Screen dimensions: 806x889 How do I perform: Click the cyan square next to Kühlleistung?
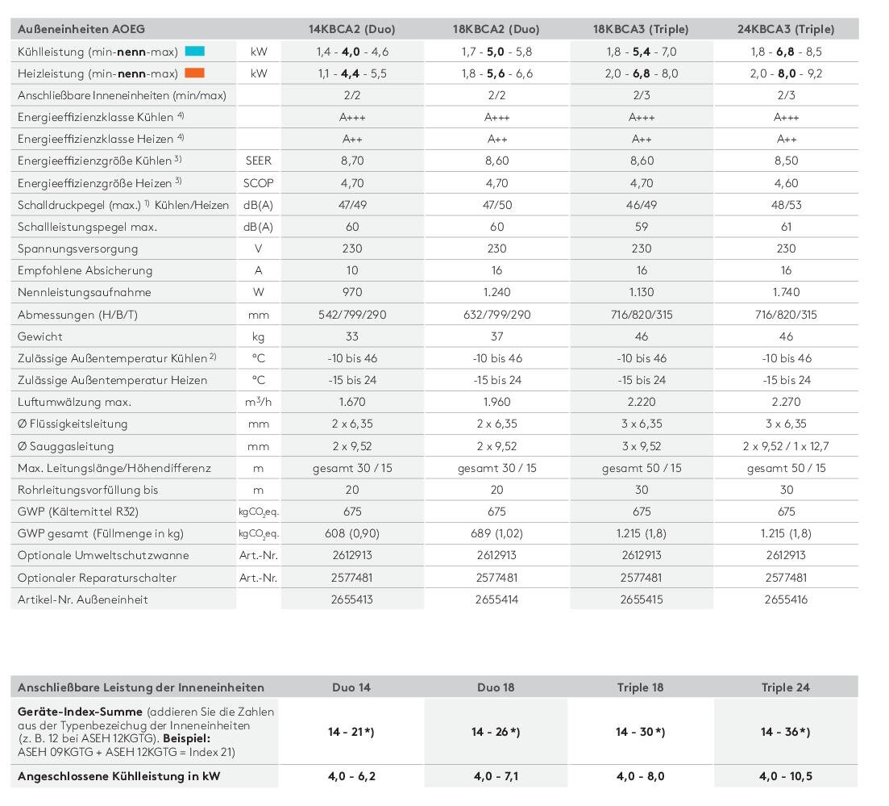click(x=195, y=51)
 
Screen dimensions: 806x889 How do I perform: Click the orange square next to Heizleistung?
click(x=195, y=73)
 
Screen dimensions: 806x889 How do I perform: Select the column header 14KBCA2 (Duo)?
click(x=351, y=29)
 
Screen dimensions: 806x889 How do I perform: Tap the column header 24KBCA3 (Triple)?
click(x=786, y=29)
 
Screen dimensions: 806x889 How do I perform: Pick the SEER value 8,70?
click(x=351, y=161)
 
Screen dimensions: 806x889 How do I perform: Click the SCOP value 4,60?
click(x=786, y=183)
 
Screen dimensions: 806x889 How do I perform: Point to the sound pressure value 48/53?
click(x=786, y=205)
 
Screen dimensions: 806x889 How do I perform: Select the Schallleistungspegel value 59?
click(x=642, y=227)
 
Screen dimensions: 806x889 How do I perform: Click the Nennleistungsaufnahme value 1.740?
click(x=786, y=292)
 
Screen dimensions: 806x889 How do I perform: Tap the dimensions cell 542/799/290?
click(x=351, y=315)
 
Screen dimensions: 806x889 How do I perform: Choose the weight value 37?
click(x=496, y=336)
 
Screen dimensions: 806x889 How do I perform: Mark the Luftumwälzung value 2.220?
click(x=642, y=402)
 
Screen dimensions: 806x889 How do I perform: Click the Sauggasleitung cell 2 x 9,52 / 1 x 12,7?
click(x=786, y=446)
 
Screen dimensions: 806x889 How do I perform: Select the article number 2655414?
click(x=496, y=599)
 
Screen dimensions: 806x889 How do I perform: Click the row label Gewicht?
click(x=40, y=336)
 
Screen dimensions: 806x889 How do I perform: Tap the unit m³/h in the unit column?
click(x=258, y=402)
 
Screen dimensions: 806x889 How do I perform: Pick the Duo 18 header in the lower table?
click(x=496, y=687)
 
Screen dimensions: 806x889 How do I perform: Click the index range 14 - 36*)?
click(x=786, y=732)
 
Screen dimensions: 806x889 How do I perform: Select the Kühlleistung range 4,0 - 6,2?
click(x=351, y=776)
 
